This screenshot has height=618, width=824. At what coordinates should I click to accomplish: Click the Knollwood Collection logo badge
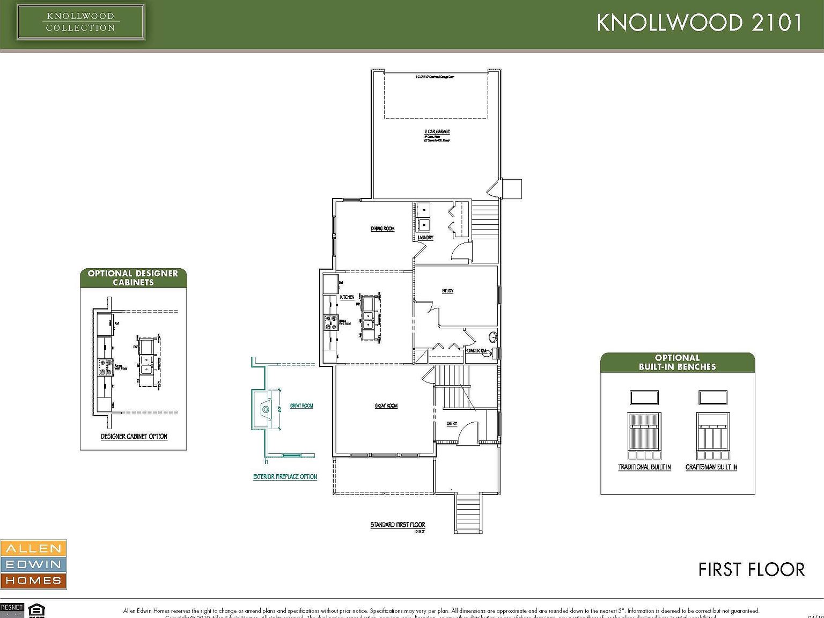tap(80, 23)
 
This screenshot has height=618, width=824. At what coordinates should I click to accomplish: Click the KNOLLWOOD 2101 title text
tap(699, 23)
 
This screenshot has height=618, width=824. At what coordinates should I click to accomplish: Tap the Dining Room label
tap(382, 229)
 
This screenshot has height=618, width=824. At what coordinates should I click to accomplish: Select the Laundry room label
tap(425, 237)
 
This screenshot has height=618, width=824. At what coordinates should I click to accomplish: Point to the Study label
tap(447, 291)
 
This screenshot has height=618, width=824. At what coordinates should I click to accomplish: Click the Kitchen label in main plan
tap(347, 297)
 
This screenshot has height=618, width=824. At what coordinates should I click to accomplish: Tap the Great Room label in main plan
tap(386, 406)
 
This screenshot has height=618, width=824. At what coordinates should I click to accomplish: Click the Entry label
tap(452, 424)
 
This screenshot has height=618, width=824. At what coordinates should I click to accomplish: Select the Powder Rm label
tap(476, 350)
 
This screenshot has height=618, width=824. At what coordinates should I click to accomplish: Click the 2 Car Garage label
tap(437, 131)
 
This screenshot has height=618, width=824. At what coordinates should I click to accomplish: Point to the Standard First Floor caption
tap(398, 525)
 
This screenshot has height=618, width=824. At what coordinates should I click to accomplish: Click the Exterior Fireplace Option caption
tap(285, 476)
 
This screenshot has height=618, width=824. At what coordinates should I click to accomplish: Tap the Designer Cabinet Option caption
tap(134, 436)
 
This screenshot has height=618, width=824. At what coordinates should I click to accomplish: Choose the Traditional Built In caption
tap(644, 467)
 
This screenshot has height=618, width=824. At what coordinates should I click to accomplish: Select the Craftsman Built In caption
tap(711, 467)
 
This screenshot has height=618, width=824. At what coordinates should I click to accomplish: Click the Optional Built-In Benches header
tap(677, 362)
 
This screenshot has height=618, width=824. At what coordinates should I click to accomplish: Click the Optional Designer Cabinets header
tap(133, 277)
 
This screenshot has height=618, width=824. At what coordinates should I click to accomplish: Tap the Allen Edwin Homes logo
tap(33, 564)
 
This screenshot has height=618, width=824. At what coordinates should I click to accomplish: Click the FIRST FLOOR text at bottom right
tap(751, 569)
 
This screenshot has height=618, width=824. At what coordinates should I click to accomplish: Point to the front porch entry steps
tap(468, 514)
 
